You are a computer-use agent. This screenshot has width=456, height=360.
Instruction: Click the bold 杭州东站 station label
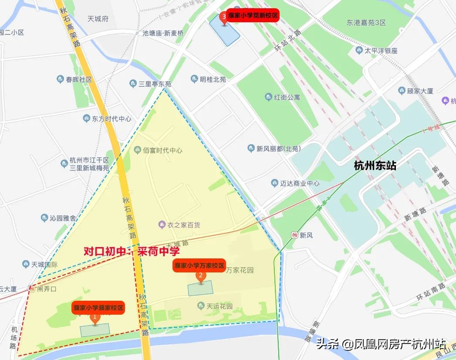[x=375, y=166]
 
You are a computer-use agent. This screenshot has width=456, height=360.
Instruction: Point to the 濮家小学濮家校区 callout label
[x=99, y=308]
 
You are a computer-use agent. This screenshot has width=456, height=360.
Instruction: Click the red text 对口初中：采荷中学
[x=132, y=251]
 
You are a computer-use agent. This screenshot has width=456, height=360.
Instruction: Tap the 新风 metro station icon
[x=295, y=235]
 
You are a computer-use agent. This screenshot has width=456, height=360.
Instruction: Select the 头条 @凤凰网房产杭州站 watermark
[x=381, y=344]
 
